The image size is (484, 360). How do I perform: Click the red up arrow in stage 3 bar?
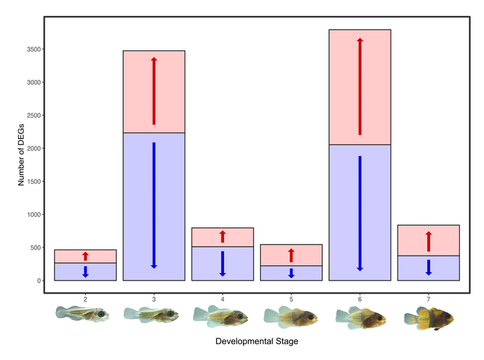coord(153,91)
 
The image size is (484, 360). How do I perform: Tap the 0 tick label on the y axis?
coord(39,281)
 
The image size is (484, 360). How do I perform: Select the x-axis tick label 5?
coord(291,299)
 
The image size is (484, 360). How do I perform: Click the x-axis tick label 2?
coord(85,299)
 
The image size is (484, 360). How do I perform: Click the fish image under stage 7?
coord(429,317)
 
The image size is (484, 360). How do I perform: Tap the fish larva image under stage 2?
coord(83,314)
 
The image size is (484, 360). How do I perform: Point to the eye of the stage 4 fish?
coord(239,315)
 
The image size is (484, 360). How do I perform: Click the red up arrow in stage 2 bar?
coord(85,256)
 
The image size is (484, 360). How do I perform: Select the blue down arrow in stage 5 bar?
coord(291,273)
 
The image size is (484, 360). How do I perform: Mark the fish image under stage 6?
coord(360,317)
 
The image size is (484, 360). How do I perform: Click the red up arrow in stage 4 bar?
coord(222,236)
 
